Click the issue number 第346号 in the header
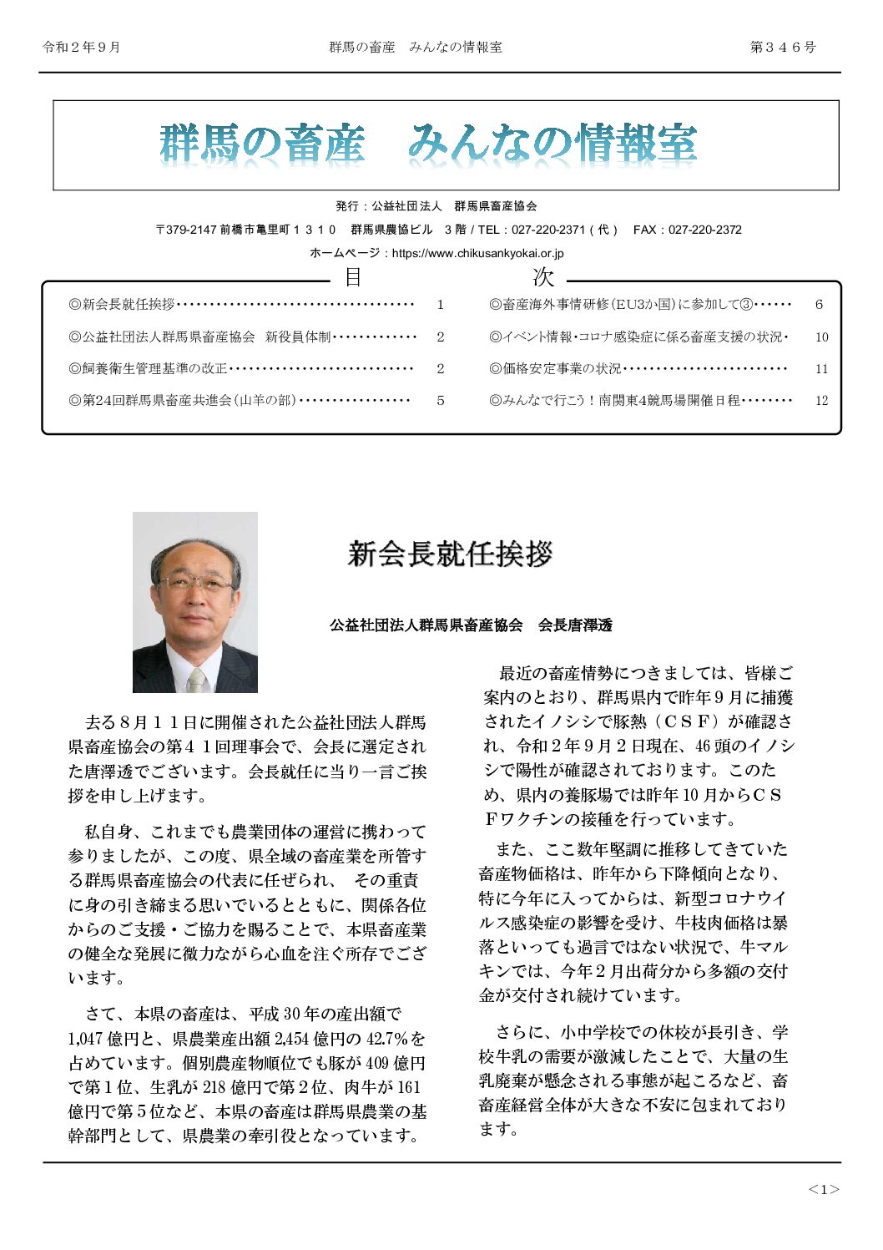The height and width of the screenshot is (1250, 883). point(783,48)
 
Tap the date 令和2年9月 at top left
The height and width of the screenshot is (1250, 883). point(82,48)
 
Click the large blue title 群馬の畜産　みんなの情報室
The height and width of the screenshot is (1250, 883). point(428,144)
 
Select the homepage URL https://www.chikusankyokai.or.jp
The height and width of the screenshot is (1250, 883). point(477,253)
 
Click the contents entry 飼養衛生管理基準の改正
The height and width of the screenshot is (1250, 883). point(149,369)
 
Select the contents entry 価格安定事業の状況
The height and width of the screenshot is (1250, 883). point(555,369)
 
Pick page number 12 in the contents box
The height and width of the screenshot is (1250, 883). point(821,401)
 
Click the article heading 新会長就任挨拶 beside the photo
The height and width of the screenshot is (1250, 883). point(450,554)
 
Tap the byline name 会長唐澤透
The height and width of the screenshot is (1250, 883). point(575,625)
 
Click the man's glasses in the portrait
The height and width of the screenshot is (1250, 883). point(195,582)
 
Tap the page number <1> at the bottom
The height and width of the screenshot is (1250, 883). point(823,1189)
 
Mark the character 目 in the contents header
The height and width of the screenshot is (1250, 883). point(353,277)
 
